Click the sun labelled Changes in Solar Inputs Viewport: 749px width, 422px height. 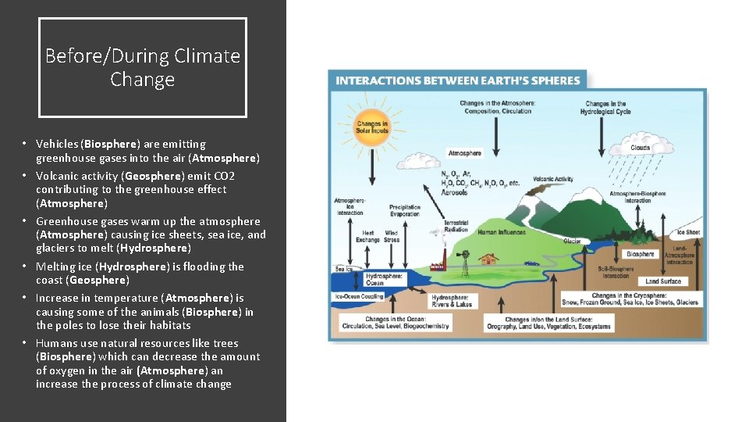click(x=372, y=127)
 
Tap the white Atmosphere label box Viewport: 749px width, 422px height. click(x=464, y=153)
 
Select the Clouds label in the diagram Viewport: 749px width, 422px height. click(x=640, y=148)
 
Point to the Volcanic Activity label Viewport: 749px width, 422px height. click(x=552, y=179)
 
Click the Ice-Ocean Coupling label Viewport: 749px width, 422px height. click(x=359, y=297)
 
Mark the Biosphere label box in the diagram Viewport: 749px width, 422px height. click(x=640, y=254)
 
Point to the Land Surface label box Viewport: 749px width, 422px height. click(x=663, y=281)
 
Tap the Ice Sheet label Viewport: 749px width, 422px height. click(x=688, y=232)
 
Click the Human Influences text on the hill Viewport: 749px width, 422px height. click(x=501, y=232)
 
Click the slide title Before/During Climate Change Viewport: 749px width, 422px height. click(x=143, y=67)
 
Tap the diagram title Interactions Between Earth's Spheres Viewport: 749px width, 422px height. click(x=458, y=80)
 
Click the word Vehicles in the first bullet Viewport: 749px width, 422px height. click(x=57, y=144)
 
